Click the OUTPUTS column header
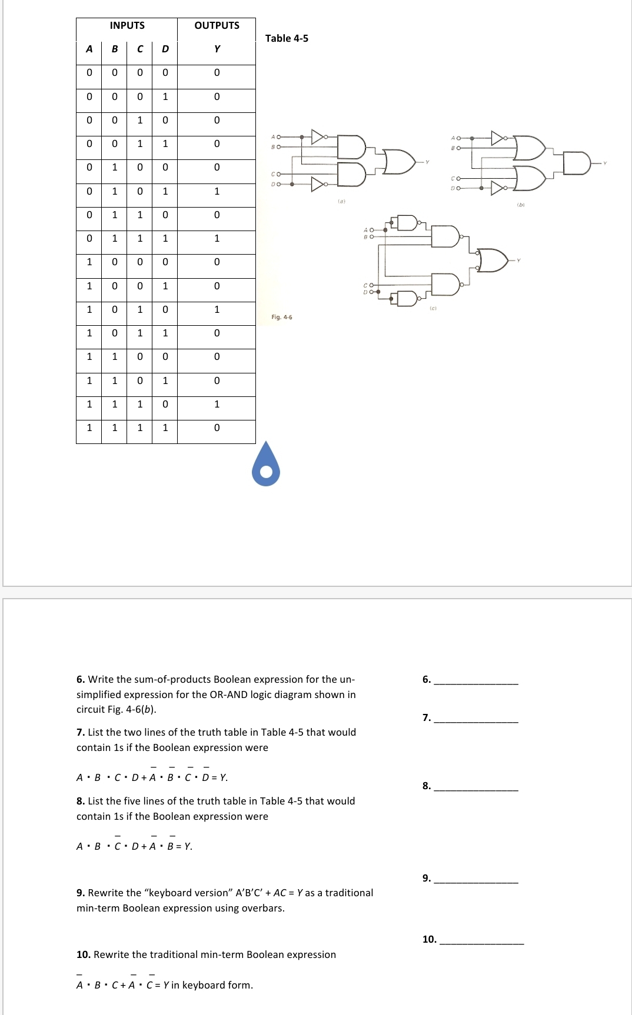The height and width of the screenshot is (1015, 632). click(x=217, y=25)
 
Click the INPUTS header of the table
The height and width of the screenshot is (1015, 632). click(x=127, y=25)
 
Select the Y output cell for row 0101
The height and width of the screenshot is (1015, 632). click(x=217, y=191)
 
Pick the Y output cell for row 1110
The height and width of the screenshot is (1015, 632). click(x=217, y=404)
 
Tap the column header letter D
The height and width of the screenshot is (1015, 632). click(x=165, y=49)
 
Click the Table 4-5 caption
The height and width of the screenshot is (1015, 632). click(x=287, y=38)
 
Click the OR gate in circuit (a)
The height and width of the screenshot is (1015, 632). click(x=399, y=161)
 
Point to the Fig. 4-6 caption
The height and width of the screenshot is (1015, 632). click(x=281, y=318)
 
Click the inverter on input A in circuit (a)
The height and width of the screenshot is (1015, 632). click(x=318, y=137)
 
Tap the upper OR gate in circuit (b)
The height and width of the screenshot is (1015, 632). click(x=528, y=148)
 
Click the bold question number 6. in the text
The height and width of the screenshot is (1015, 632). click(x=81, y=679)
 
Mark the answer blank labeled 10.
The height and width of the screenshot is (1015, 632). click(x=481, y=939)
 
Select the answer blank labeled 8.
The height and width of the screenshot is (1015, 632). click(x=475, y=786)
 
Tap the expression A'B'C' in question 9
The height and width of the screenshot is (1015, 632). click(x=249, y=893)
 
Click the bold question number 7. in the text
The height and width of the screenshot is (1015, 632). click(x=81, y=732)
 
